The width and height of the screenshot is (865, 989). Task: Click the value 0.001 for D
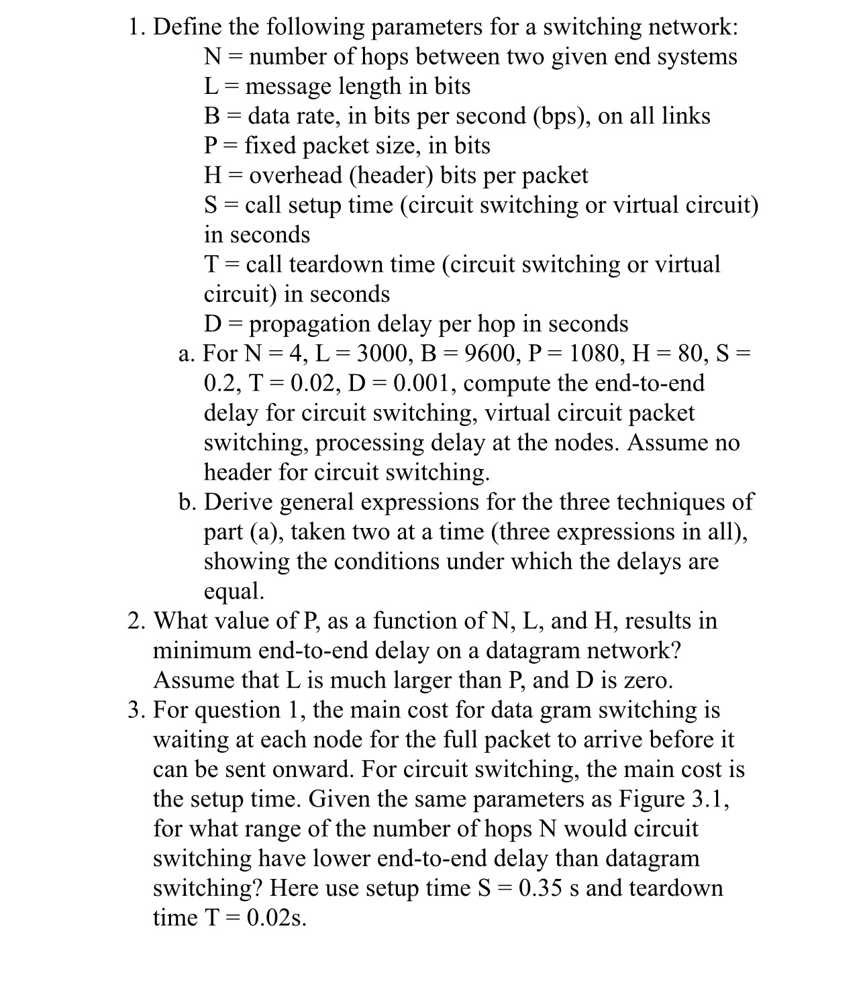click(x=425, y=383)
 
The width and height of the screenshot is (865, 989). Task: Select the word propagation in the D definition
click(x=311, y=324)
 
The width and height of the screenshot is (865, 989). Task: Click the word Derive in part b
click(x=238, y=502)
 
